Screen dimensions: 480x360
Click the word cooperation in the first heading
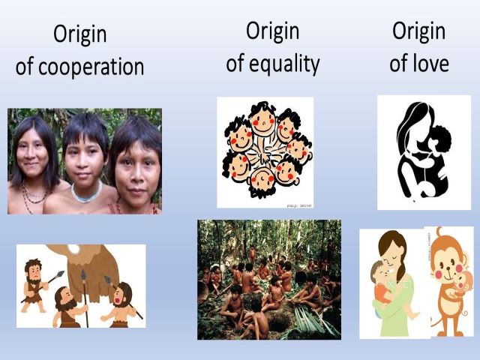click(x=91, y=67)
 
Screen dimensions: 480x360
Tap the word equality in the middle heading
click(x=284, y=64)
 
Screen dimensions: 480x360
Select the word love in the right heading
click(x=430, y=63)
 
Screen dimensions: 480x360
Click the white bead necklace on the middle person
click(x=86, y=193)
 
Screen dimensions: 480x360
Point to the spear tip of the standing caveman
click(x=60, y=274)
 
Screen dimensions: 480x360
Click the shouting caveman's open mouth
click(x=117, y=300)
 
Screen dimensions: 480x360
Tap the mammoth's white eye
click(x=73, y=249)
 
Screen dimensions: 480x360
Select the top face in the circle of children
click(x=263, y=120)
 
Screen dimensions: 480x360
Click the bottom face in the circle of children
click(x=262, y=181)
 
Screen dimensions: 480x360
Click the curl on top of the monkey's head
click(x=439, y=232)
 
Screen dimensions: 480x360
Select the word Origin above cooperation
click(x=80, y=34)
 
